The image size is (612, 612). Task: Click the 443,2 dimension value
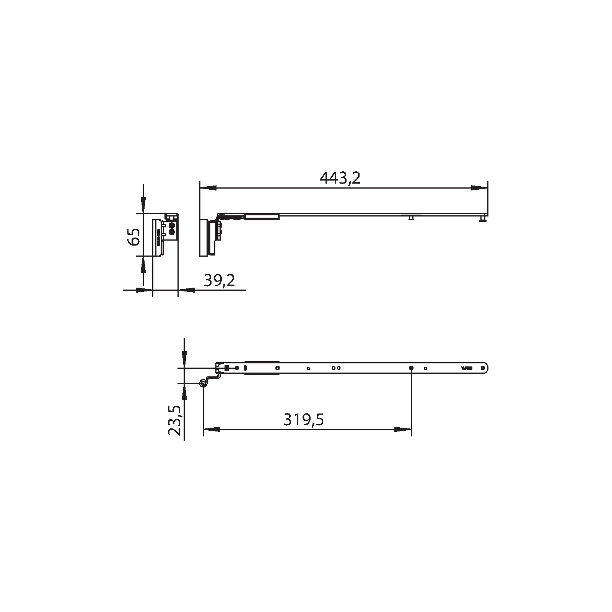point(340,178)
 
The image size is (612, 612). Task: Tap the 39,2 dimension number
point(219,280)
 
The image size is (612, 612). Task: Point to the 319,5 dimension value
point(304,420)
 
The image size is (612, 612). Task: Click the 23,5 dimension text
point(174,421)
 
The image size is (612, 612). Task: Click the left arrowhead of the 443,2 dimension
point(208,188)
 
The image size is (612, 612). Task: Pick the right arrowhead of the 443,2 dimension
point(480,188)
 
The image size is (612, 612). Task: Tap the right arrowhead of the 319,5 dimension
point(403,430)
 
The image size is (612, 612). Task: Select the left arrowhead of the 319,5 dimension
point(212,430)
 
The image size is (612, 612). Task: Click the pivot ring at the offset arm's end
point(203,383)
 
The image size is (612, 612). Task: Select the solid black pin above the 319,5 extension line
point(411,368)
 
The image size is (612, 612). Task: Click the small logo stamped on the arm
point(467,368)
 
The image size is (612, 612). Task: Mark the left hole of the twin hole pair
point(334,368)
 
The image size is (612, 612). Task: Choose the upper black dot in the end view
point(172,226)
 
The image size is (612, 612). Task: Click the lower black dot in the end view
point(172,231)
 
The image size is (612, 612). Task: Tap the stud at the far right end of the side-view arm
point(483,220)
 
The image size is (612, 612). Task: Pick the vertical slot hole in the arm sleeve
point(246,368)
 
